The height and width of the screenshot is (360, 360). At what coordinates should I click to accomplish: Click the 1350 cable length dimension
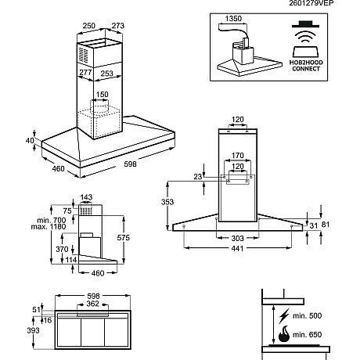(233, 19)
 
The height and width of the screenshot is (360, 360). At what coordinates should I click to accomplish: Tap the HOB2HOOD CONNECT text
(306, 66)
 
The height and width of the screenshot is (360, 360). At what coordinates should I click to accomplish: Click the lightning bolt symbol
(284, 315)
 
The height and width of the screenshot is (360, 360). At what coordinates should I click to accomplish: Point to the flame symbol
(284, 334)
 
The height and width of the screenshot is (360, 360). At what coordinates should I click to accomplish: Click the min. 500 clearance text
(307, 315)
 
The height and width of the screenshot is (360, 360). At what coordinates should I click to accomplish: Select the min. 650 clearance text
(307, 334)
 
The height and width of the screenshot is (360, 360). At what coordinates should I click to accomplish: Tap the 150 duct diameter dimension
(102, 95)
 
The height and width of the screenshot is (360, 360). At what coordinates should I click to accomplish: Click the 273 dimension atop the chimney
(118, 26)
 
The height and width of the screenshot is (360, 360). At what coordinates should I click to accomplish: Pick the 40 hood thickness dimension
(30, 140)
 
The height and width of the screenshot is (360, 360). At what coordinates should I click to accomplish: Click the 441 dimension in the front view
(237, 249)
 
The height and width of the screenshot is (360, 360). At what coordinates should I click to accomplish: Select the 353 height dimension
(167, 202)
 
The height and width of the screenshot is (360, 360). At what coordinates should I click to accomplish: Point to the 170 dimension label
(238, 156)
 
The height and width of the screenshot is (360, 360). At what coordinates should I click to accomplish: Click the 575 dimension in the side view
(124, 238)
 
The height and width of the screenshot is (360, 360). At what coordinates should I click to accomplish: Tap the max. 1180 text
(49, 227)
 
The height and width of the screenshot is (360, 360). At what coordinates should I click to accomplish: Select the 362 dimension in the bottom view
(92, 304)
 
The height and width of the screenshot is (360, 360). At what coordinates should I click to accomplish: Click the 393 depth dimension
(34, 330)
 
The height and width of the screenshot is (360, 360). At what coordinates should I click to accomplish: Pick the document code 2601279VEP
(311, 3)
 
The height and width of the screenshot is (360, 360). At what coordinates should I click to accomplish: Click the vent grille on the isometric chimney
(83, 56)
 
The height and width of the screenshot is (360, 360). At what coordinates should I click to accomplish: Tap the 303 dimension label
(238, 238)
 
